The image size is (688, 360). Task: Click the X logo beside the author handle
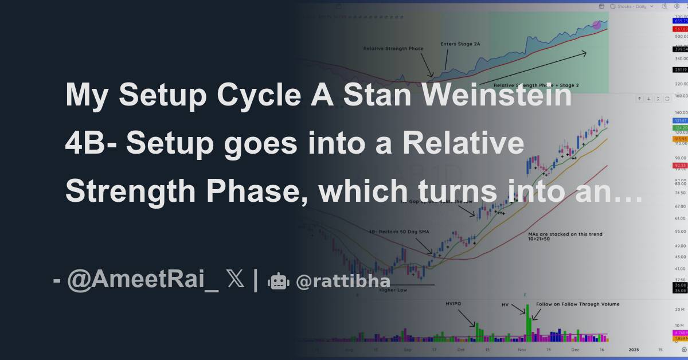235,280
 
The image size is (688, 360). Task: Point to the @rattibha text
343,281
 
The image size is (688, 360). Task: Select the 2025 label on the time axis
633,349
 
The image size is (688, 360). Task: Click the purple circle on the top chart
596,25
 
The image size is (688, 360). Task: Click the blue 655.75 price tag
681,21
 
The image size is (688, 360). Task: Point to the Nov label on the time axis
522,349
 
